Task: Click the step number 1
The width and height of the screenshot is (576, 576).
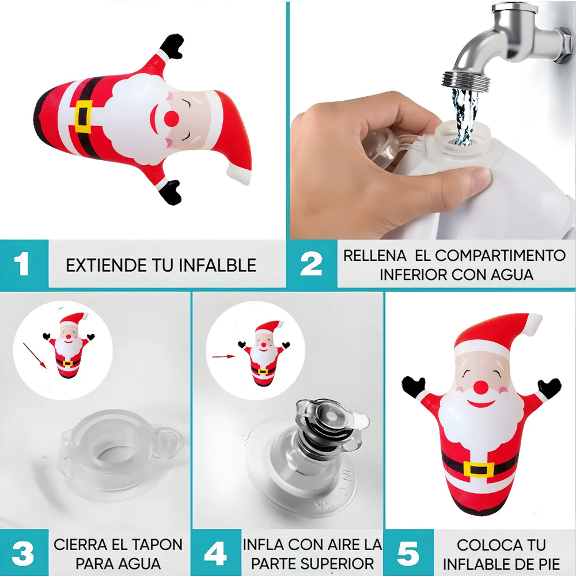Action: (22, 263)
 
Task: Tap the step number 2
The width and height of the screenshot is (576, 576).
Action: (311, 263)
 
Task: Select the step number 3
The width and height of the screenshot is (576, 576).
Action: (23, 553)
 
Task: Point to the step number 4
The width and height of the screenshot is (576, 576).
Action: (215, 553)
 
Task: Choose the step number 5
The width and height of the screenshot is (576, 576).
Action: (408, 553)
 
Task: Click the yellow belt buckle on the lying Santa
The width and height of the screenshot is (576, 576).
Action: (84, 116)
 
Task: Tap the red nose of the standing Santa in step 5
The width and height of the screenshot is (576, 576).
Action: (481, 388)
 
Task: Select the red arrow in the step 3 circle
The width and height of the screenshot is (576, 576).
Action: (35, 355)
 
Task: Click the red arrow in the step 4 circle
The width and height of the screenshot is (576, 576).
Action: (223, 356)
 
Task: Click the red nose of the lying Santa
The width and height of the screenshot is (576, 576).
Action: (172, 118)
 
